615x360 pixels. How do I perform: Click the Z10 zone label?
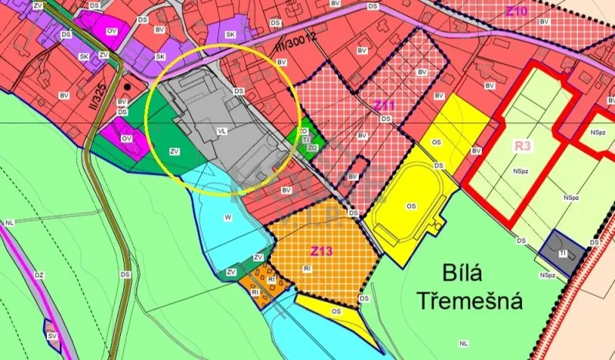[516, 12]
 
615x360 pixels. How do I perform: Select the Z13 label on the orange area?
[321, 252]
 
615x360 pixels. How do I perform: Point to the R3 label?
[524, 145]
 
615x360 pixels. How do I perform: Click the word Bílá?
[466, 273]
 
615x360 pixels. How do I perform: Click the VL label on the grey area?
[222, 132]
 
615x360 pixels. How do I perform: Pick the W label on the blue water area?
[228, 218]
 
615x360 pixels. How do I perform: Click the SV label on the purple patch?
[52, 336]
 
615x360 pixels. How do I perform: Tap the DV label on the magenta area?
[112, 31]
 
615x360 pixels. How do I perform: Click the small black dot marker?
[138, 88]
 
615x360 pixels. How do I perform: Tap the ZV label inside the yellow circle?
[175, 152]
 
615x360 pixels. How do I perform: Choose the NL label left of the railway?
[9, 222]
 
